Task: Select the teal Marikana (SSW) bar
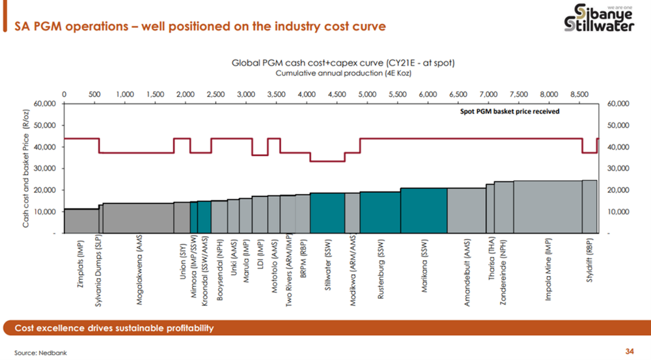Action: pyautogui.click(x=423, y=210)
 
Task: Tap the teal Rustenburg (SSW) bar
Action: pyautogui.click(x=380, y=212)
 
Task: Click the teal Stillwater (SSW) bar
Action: pyautogui.click(x=327, y=213)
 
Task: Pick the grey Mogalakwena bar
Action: pyautogui.click(x=138, y=217)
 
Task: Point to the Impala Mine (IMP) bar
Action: pyautogui.click(x=547, y=206)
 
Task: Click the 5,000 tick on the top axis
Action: pyautogui.click(x=367, y=94)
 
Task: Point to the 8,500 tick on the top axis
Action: pyautogui.click(x=579, y=94)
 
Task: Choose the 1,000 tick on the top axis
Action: pyautogui.click(x=124, y=94)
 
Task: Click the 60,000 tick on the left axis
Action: pyautogui.click(x=45, y=104)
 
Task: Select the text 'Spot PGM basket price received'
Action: pyautogui.click(x=510, y=111)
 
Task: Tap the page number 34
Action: pyautogui.click(x=629, y=352)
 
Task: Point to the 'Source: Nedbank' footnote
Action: pyautogui.click(x=41, y=352)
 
